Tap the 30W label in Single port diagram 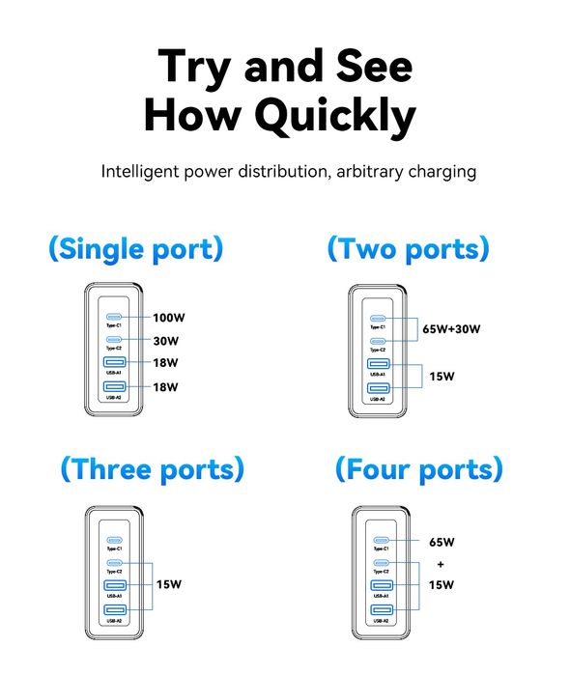[165, 340]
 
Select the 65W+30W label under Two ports [451, 329]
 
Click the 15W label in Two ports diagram [442, 377]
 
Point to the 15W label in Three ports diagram [168, 583]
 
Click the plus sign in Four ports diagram [440, 564]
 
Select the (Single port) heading [136, 248]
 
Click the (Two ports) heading [408, 248]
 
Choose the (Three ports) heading [152, 469]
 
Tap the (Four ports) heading [418, 469]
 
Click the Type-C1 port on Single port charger [115, 317]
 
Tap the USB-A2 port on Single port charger [115, 388]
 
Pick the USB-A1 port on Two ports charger [378, 365]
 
